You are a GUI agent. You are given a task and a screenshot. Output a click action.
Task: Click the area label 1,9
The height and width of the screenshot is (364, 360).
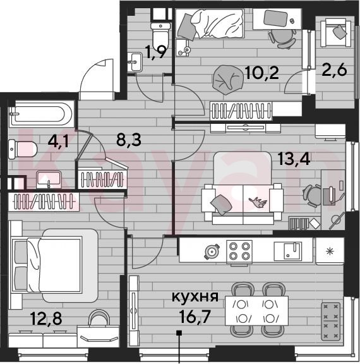tap(155, 52)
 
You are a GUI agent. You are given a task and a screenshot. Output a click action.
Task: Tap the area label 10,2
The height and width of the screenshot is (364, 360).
tap(262, 73)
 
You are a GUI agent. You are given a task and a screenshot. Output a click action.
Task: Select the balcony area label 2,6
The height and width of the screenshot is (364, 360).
tap(334, 70)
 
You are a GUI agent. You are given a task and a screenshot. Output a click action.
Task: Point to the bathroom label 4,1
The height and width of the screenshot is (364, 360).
tap(58, 141)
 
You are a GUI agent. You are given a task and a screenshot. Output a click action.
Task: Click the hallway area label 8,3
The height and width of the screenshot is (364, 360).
tap(129, 140)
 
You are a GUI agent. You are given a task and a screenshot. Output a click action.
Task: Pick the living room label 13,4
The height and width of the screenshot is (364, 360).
tap(294, 159)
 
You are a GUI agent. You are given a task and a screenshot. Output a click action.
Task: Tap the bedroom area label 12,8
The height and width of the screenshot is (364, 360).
tap(46, 318)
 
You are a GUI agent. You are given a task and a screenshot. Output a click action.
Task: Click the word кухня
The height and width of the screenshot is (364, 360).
tap(195, 296)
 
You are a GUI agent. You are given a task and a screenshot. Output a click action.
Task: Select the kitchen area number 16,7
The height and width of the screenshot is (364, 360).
tap(195, 317)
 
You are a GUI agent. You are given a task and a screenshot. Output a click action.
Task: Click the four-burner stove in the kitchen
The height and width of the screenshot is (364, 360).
tap(239, 252)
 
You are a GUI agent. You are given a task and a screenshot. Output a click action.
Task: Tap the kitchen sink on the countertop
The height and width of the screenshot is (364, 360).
tap(288, 252)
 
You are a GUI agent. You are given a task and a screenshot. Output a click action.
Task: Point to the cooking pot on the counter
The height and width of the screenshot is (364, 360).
tap(212, 252)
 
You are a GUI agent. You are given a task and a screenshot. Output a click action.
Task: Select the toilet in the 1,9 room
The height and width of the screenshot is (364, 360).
tap(160, 34)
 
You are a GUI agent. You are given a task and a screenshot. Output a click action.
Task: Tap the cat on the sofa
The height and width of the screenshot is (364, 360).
tap(258, 202)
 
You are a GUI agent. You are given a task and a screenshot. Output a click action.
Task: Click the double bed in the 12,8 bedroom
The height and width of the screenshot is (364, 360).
tap(54, 265)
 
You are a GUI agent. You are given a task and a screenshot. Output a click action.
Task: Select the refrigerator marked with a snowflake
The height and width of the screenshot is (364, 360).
tap(330, 251)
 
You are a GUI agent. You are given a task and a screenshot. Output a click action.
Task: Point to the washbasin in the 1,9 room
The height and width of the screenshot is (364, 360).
tap(135, 62)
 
